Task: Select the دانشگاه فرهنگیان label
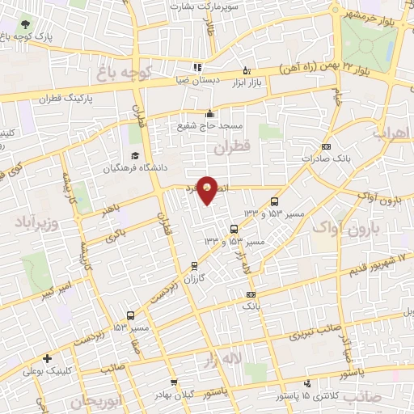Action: coord(133,169)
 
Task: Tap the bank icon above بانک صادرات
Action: coord(326,146)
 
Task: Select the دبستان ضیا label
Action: coord(197,81)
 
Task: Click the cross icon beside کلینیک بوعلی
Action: coord(49,358)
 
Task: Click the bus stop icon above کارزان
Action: coord(194,265)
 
